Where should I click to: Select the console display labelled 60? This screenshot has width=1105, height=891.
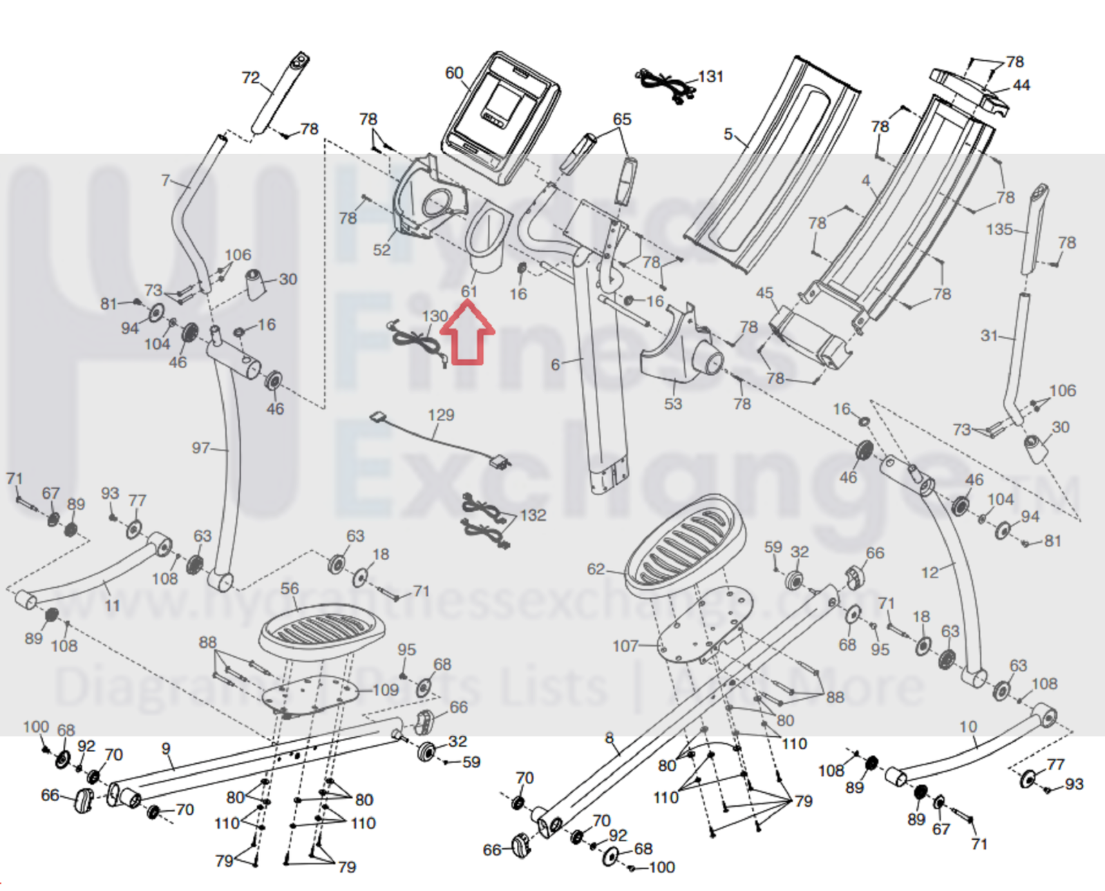tap(503, 116)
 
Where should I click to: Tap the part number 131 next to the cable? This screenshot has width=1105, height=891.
tap(710, 76)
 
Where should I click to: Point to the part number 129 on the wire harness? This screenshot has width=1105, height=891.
tap(441, 414)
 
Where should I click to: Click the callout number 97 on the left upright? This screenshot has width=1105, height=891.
tap(200, 448)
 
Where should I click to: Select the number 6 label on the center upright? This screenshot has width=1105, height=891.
tap(555, 364)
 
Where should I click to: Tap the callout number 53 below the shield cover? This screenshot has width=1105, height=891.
tap(672, 403)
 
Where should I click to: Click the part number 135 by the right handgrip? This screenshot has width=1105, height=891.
tap(999, 229)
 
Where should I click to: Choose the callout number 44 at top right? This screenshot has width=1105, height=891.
tap(1021, 85)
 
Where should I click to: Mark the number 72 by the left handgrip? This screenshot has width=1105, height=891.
tap(250, 77)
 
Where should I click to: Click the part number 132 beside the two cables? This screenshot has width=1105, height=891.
tap(533, 515)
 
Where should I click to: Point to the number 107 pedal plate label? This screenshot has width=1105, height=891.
tap(625, 645)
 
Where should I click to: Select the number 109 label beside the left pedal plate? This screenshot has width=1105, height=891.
tap(386, 689)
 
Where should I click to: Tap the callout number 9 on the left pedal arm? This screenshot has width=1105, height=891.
tap(166, 749)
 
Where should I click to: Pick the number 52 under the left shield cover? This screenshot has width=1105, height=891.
tap(381, 249)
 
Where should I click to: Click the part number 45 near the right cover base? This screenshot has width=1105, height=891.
tap(764, 293)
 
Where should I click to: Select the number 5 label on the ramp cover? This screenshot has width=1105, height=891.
tap(728, 133)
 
